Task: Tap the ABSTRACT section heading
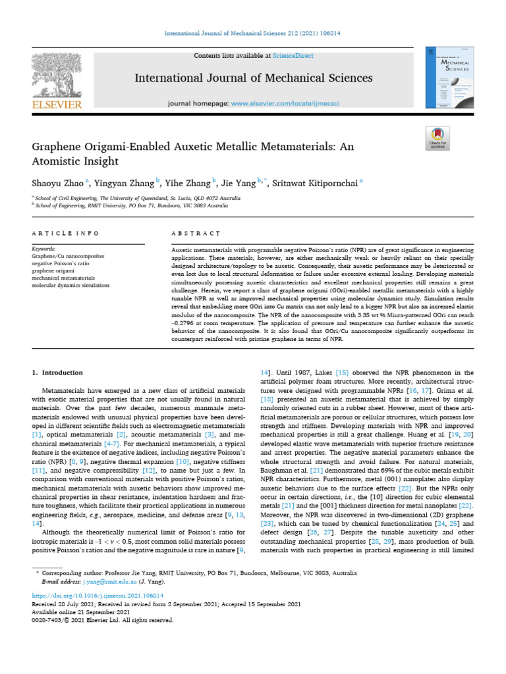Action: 195,234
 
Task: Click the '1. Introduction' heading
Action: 58,373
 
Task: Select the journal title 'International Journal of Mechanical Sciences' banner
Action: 254,78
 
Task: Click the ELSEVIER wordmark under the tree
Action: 56,104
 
